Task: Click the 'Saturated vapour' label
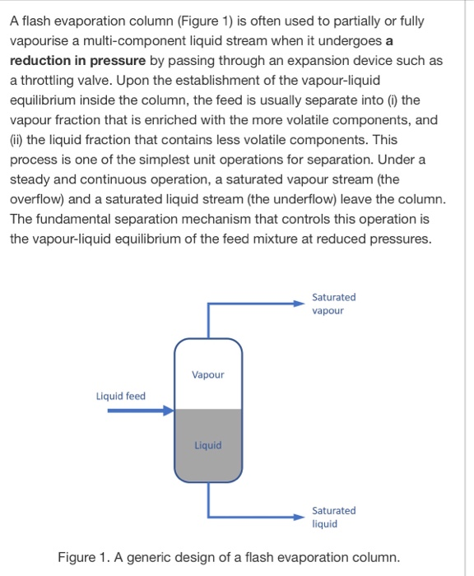tap(333, 304)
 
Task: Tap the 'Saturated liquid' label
tap(333, 517)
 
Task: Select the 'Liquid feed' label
tap(120, 396)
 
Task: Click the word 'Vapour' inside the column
tap(207, 374)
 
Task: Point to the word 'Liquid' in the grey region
tap(207, 445)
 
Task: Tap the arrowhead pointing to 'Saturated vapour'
tap(300, 304)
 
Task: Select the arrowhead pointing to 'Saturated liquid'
tap(300, 517)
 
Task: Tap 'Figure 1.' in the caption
tap(84, 557)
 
